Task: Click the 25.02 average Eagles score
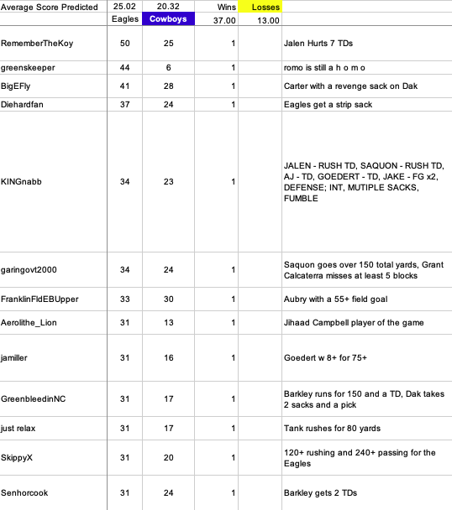click(125, 7)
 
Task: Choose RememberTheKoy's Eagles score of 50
click(125, 43)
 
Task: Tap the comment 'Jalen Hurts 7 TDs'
click(326, 43)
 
